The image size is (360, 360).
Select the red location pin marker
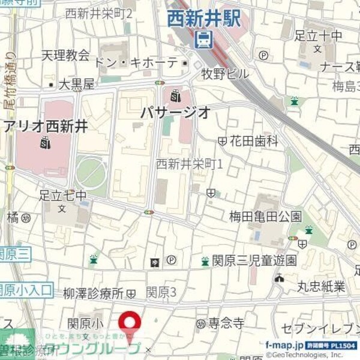point(130,325)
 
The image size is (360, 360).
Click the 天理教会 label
point(65,55)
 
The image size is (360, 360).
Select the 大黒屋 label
point(76,85)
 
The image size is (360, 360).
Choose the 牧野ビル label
point(224,74)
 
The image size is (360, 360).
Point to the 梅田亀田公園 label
point(265,216)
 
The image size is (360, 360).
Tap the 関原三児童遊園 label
point(254,260)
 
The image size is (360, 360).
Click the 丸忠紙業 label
point(321,286)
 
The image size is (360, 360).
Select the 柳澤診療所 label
point(93,293)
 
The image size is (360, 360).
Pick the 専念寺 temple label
point(226,323)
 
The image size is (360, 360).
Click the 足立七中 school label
point(62,195)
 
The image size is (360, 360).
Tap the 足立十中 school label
point(319,36)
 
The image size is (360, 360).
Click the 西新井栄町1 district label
point(189,163)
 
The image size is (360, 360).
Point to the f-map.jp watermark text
point(284,346)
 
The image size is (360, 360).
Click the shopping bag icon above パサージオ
point(175,95)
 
